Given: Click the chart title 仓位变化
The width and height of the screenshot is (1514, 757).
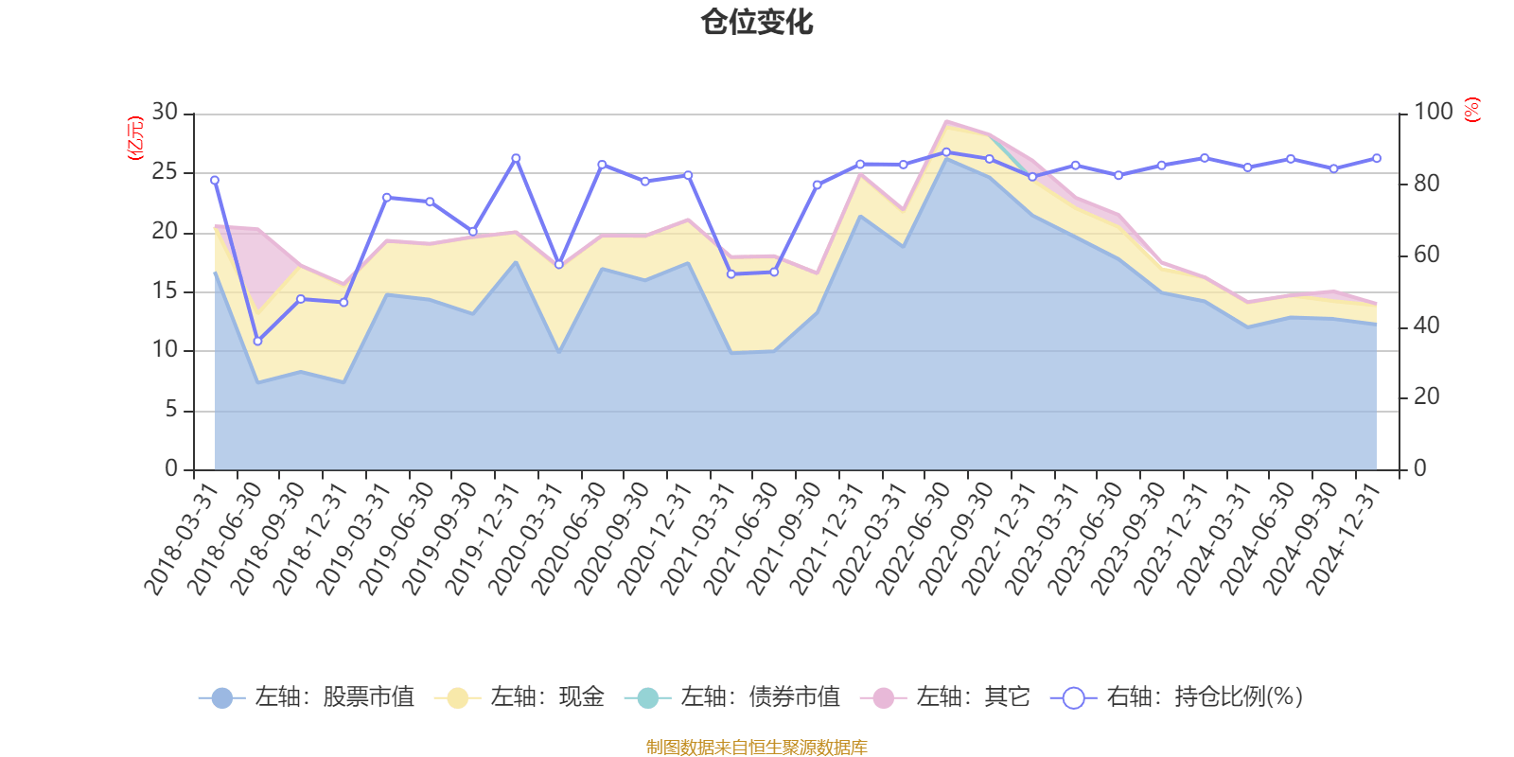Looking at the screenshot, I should click(757, 22).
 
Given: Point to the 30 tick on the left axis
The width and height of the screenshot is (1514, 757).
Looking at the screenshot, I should click(166, 113).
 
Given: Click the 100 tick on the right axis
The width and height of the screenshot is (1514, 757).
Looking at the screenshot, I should click(1433, 113).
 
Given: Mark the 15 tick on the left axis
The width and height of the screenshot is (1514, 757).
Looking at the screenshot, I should click(166, 290).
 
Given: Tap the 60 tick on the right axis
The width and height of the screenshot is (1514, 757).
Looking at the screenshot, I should click(1426, 255).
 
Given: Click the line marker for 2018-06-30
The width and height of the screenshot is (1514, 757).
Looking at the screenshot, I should click(257, 341).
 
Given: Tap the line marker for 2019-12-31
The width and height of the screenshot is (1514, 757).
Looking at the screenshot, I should click(516, 158).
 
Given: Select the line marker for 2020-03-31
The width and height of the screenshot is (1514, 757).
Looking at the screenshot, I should click(558, 264).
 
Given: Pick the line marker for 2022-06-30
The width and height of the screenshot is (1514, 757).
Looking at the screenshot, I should click(946, 151).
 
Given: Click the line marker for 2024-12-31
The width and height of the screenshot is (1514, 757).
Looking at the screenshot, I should click(1376, 158).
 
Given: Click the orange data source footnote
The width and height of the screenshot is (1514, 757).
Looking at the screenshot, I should click(757, 748).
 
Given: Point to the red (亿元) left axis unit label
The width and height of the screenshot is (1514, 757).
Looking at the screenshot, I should click(134, 138).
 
